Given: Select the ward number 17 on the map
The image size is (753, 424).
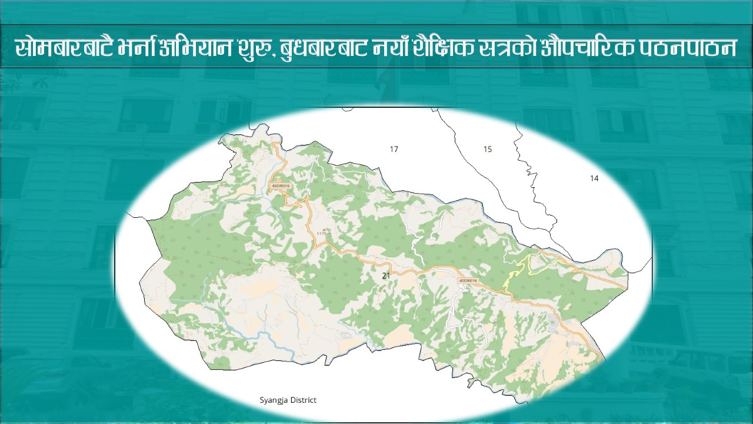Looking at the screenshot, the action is pos(394,150).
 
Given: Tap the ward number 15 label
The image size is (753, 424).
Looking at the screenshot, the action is pos(487,150).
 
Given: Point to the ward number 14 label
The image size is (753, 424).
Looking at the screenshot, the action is pos(594,178).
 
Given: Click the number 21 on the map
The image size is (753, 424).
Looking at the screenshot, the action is pos(386,276).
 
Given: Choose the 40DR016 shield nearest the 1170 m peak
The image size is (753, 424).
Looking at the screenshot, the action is pos(280,186).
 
